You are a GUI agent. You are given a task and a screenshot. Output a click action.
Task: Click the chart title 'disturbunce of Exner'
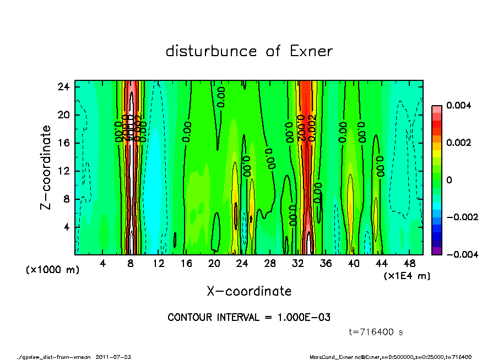[x=249, y=52]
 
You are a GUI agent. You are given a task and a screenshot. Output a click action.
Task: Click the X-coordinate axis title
[x=249, y=291]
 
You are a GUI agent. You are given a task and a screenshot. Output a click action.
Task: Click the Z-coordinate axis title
[x=46, y=167]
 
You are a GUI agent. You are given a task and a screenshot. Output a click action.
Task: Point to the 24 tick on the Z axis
[x=64, y=87]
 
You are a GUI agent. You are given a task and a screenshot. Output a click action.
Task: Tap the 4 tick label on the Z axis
[x=66, y=227]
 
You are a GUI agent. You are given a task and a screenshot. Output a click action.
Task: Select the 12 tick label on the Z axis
[x=64, y=171]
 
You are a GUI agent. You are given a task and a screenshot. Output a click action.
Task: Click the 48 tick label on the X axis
[x=409, y=264]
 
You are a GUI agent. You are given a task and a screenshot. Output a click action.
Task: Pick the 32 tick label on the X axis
[x=298, y=264]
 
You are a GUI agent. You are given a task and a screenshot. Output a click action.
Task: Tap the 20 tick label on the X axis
[x=214, y=264]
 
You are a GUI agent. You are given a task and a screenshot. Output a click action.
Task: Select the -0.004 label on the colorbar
[x=457, y=254]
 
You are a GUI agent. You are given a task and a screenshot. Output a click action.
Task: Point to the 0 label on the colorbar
[x=449, y=180]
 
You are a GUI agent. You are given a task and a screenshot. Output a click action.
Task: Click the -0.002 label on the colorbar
[x=457, y=217]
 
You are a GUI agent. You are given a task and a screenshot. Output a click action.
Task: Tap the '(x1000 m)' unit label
[x=52, y=270]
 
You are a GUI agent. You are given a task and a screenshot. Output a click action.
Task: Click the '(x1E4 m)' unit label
[x=407, y=276]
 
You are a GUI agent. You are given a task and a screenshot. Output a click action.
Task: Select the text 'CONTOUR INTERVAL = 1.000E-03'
[x=249, y=318]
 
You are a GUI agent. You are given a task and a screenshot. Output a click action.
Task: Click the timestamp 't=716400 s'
[x=377, y=332]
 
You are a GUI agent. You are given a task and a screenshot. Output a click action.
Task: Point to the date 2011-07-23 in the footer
[x=113, y=357]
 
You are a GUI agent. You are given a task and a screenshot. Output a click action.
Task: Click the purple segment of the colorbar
[x=436, y=251]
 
